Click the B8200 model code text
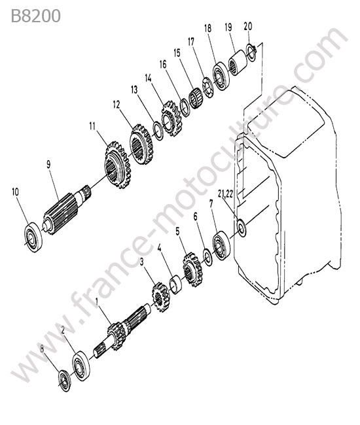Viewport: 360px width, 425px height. coord(35,16)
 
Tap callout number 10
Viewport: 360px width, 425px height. coord(16,192)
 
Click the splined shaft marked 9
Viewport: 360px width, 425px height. coord(67,209)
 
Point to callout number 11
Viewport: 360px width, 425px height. coord(92,126)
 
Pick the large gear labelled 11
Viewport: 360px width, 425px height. coord(118,165)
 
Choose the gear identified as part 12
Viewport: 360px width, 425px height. coord(141,144)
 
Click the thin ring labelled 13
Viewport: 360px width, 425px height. coord(158,131)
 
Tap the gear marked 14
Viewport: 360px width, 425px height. coord(171,118)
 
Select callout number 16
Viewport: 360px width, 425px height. coord(163,65)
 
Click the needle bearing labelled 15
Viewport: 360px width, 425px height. coord(196,98)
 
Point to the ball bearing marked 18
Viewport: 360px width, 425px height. coord(221,76)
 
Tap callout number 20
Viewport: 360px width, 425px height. coord(248,26)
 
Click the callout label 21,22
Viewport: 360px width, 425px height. coord(225,194)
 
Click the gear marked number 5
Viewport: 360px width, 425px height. coord(192,269)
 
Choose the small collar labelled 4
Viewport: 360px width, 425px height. coord(175,284)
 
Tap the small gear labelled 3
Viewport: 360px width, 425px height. coord(160,297)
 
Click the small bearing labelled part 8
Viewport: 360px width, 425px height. coord(65,381)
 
